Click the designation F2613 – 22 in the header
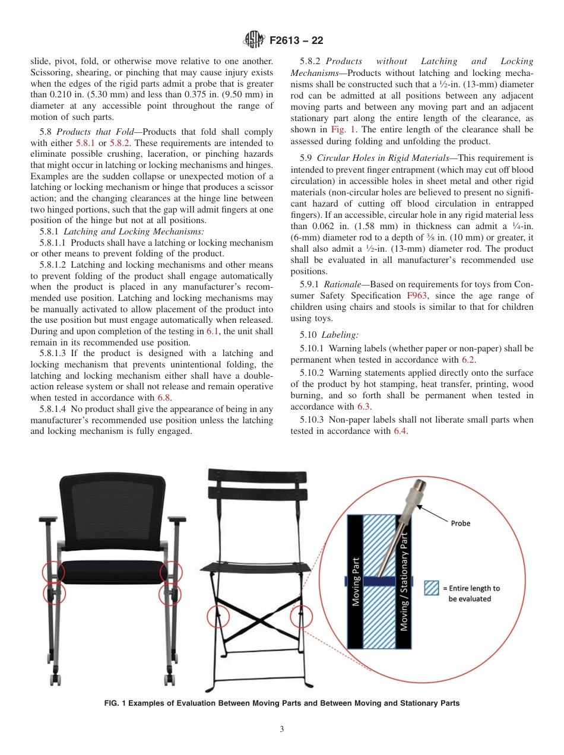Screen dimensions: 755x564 pos(296,41)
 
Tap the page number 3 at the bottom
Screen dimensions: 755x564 pos(282,729)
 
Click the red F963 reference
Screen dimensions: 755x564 pos(416,296)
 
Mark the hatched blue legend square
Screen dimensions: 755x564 pos(432,588)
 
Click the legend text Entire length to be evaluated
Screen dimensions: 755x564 pos(474,594)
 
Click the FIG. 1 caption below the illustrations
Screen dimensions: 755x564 pos(281,703)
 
